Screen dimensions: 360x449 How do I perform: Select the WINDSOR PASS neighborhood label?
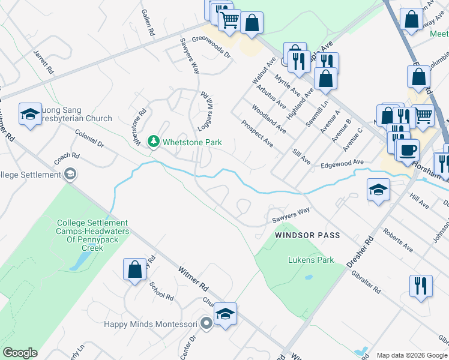click(x=307, y=235)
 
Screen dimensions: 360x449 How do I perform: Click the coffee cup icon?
click(x=408, y=150)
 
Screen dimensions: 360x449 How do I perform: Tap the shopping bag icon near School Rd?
click(x=135, y=270)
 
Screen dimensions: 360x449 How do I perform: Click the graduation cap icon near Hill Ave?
click(x=379, y=191)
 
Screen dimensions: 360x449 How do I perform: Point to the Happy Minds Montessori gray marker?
click(x=206, y=324)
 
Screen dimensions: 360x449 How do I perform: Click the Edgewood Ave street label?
click(x=342, y=163)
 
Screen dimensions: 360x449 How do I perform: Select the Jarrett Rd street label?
click(x=44, y=62)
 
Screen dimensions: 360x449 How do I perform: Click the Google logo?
click(x=20, y=353)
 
